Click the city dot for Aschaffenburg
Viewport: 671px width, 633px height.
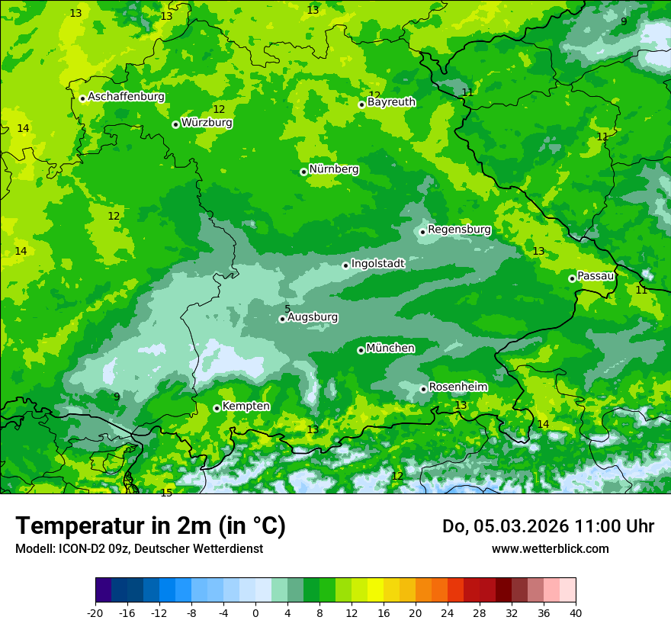[x=82, y=98]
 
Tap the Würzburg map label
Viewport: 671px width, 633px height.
[x=207, y=123]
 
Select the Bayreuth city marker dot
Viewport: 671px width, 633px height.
[x=362, y=104]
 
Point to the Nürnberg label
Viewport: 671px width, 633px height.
[x=334, y=169]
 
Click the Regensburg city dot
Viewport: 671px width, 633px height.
[x=422, y=232]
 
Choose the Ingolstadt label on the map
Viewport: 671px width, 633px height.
[x=377, y=264]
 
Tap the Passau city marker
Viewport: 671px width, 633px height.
[x=572, y=278]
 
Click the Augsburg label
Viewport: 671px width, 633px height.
[x=313, y=317]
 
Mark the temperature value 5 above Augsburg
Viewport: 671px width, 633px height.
[x=287, y=309]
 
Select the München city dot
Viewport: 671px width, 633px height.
[x=361, y=350]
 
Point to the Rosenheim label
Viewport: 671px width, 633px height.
[x=457, y=387]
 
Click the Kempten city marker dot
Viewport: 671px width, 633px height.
[x=217, y=408]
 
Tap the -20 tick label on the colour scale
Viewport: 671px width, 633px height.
[x=95, y=613]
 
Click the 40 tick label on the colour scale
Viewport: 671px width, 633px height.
[x=576, y=613]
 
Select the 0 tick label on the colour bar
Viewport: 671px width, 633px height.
[x=255, y=613]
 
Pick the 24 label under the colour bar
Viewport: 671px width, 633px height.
[x=448, y=613]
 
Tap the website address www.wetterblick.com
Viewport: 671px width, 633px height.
[x=551, y=549]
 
